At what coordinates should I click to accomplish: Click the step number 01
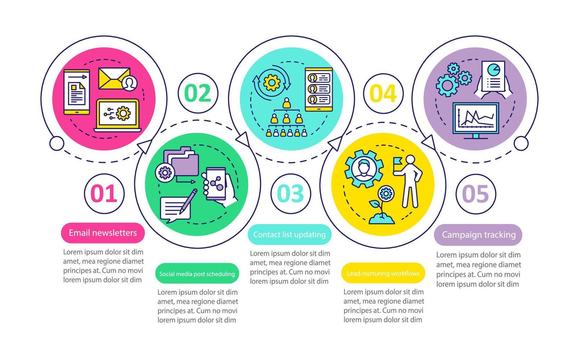tap(104, 194)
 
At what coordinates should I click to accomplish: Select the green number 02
tap(198, 93)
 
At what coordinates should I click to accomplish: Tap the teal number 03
tap(290, 194)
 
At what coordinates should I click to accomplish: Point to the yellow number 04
tap(383, 93)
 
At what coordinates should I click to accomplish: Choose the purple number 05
tap(476, 194)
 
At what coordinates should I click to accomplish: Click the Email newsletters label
tap(103, 233)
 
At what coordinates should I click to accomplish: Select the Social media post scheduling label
tap(197, 274)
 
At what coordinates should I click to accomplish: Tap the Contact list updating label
tap(289, 234)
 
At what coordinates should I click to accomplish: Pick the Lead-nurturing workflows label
tap(383, 273)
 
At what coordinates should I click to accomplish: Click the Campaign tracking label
tap(478, 235)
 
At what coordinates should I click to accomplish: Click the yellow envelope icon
tap(114, 79)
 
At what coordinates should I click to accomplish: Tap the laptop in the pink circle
tap(118, 115)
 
